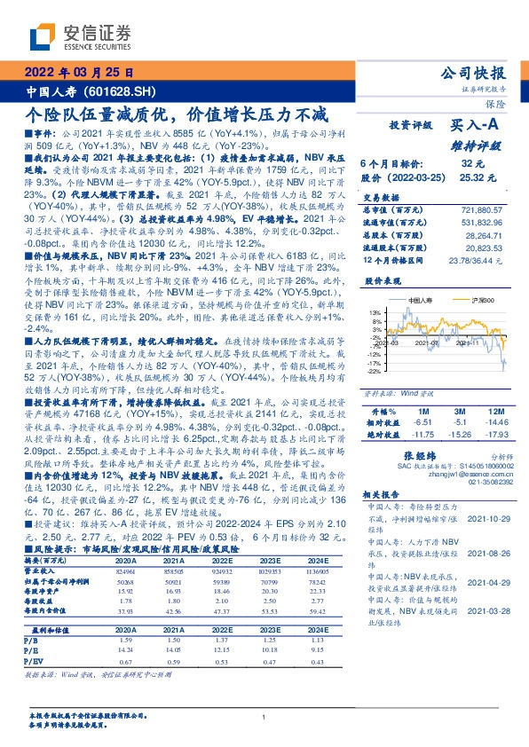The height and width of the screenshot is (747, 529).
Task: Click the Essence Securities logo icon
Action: pos(42,37)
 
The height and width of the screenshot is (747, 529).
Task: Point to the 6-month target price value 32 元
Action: pos(471,164)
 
